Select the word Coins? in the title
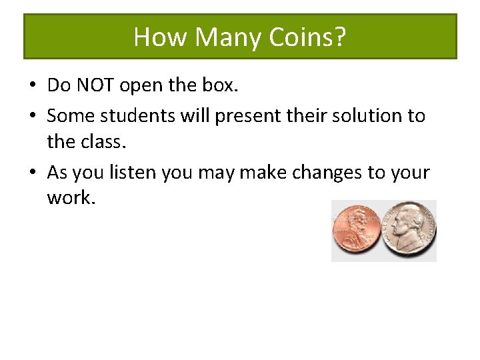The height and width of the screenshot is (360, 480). [x=307, y=37]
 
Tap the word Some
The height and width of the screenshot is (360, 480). [x=71, y=116]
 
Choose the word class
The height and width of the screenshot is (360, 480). [x=100, y=142]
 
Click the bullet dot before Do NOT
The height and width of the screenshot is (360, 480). [x=32, y=86]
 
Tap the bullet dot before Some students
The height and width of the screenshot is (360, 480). [x=32, y=117]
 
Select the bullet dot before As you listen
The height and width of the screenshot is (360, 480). [x=32, y=173]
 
